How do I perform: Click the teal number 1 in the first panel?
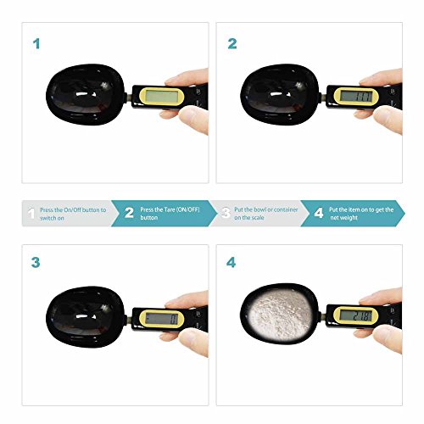(36, 44)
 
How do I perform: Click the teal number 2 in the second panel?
(232, 44)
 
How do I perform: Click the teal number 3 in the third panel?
(36, 263)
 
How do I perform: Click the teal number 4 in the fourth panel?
(231, 263)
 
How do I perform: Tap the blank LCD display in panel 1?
(162, 97)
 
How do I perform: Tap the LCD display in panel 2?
(356, 96)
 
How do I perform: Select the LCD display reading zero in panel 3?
(162, 319)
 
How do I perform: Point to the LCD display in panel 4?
(356, 315)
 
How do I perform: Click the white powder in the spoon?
(278, 315)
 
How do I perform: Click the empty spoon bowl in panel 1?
(85, 95)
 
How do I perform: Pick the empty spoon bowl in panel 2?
(279, 95)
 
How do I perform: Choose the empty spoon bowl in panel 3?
(85, 317)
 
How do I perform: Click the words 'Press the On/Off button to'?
(73, 210)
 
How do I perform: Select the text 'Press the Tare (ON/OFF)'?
(170, 209)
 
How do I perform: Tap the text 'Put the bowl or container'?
(266, 209)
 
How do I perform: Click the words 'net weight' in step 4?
(343, 218)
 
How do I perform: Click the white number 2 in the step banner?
(129, 213)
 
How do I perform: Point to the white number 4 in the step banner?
(319, 213)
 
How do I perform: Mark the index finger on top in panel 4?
(381, 295)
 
